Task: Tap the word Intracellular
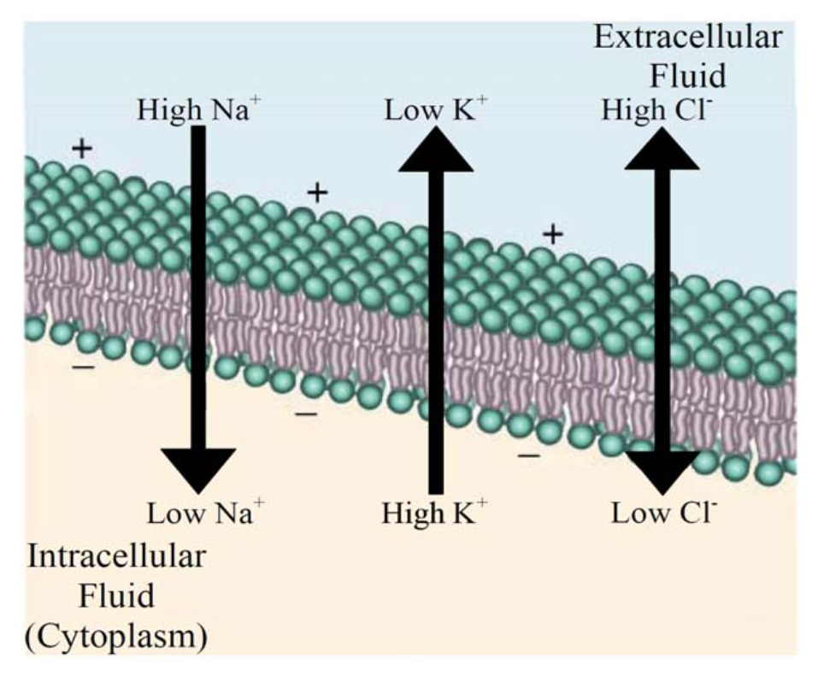click(x=117, y=557)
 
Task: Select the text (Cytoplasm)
click(x=117, y=636)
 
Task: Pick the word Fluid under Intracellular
click(x=117, y=596)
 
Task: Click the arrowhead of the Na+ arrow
click(x=198, y=471)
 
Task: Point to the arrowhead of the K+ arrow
click(x=436, y=150)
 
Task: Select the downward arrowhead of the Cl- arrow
click(x=662, y=471)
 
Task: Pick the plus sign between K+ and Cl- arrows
click(x=553, y=233)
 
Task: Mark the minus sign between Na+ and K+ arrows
click(x=305, y=415)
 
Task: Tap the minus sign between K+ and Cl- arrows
click(x=529, y=455)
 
